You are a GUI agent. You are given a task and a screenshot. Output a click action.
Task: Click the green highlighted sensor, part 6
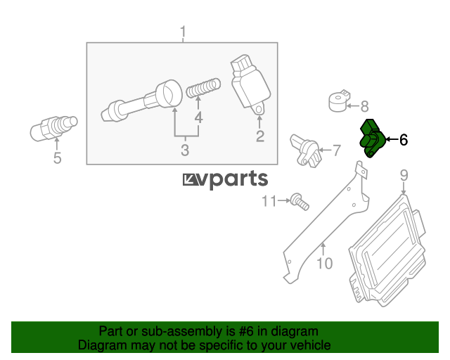coord(372,139)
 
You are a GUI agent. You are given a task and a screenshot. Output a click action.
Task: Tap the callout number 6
coord(404,140)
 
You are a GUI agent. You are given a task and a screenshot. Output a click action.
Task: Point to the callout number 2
coord(260,136)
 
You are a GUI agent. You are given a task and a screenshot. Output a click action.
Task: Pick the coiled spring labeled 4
coord(203,88)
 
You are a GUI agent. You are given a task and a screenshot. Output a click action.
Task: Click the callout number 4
coord(198,117)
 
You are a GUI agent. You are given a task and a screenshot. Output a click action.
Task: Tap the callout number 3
coord(185,150)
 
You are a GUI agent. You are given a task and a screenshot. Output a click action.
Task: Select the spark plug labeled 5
coord(53,129)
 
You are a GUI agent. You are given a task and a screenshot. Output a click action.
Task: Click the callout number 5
coord(58,158)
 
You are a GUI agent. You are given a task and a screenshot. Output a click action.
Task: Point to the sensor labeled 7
coord(304,150)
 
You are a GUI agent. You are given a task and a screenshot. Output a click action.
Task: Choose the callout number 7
coord(336,150)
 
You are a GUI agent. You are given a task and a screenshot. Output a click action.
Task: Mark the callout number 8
coord(364,106)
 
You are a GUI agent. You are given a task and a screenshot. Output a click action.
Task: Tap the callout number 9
coord(404,175)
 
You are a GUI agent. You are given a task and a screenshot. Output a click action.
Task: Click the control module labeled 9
coord(387,250)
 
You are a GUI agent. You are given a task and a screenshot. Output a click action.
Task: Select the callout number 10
coord(325,263)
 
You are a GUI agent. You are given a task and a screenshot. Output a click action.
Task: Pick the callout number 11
coord(269,201)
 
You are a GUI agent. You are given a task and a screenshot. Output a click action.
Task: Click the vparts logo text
coord(226,180)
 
